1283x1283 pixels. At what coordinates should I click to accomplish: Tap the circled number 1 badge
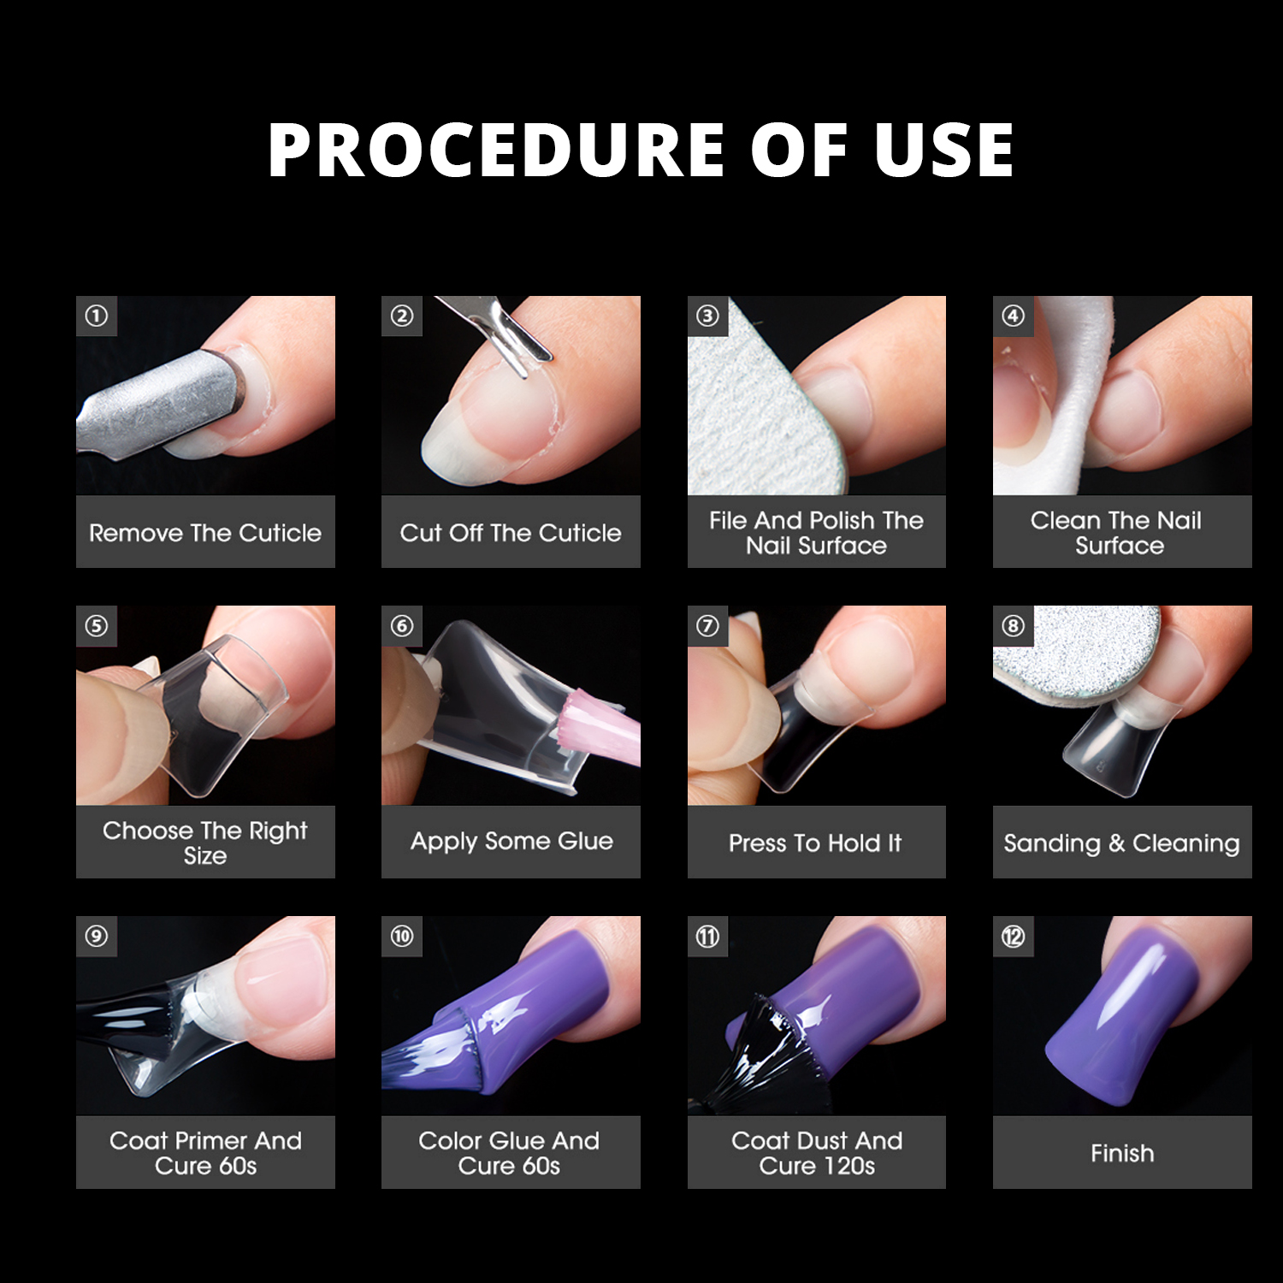point(97,316)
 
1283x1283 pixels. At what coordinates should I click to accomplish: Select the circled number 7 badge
point(707,627)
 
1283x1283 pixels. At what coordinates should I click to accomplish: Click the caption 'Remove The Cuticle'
point(205,533)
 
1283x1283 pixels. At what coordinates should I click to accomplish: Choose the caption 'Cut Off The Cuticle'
point(511,533)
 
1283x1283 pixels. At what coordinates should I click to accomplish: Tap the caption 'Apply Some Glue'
point(511,842)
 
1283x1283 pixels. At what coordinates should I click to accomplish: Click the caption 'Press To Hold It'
point(815,843)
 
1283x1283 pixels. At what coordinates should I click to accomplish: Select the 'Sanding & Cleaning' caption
point(1121,843)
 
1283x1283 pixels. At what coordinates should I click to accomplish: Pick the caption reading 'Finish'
point(1122,1153)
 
